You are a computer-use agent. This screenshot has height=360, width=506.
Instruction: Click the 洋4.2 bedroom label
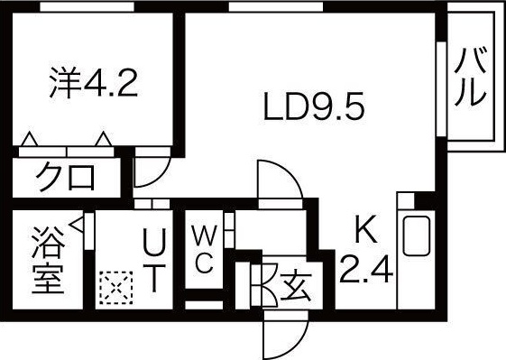click(x=94, y=83)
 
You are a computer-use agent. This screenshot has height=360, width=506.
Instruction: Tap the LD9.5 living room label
click(x=314, y=106)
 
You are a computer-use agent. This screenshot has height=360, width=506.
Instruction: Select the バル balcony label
click(x=470, y=77)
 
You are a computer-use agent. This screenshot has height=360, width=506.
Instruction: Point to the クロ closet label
click(x=66, y=177)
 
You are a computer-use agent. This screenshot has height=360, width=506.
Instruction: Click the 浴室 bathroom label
click(x=48, y=260)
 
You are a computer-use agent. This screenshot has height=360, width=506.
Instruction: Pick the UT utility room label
click(x=154, y=260)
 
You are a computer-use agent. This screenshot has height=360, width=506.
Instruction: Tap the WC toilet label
click(x=204, y=249)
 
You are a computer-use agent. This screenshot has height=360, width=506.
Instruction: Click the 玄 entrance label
click(x=296, y=286)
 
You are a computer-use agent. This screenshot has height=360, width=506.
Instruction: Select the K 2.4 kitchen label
click(x=366, y=249)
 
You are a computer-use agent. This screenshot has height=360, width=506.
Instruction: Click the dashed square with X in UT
click(x=115, y=287)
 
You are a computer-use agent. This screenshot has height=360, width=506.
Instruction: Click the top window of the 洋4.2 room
click(x=87, y=7)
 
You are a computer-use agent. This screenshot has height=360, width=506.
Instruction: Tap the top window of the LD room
click(x=276, y=7)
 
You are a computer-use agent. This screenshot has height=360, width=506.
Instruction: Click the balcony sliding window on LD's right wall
click(x=441, y=88)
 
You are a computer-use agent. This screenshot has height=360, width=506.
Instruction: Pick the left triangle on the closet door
click(x=30, y=139)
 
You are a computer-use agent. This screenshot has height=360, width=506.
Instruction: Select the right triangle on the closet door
click(x=104, y=139)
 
